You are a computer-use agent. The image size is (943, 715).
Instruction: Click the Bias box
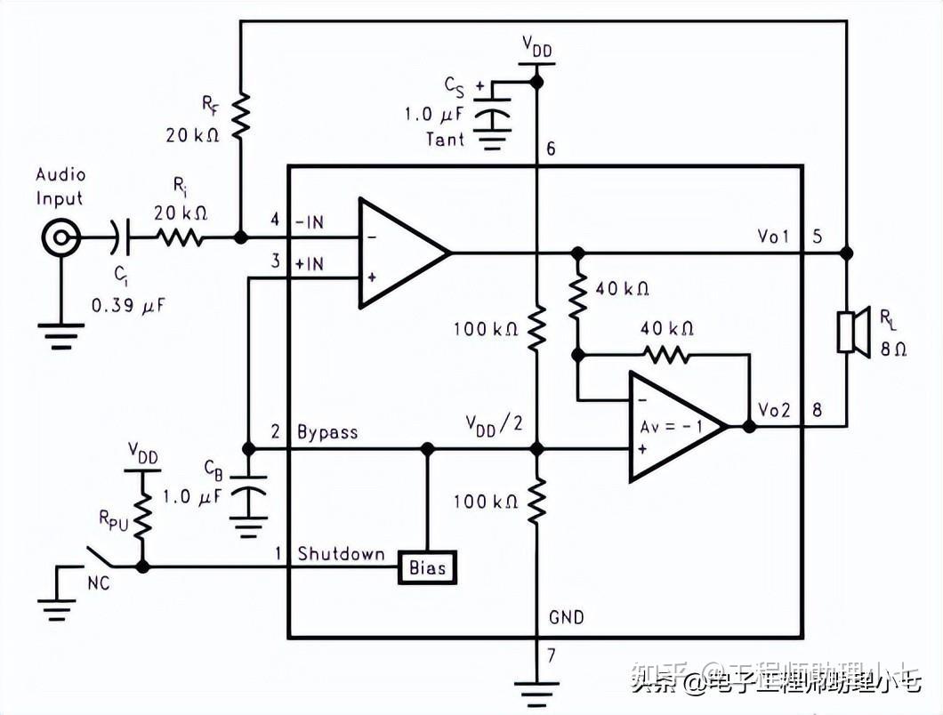tap(427, 566)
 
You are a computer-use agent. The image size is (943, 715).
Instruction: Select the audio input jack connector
tap(61, 237)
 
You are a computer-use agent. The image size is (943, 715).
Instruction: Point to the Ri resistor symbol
tap(181, 237)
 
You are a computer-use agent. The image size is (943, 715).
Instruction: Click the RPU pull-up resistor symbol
tap(142, 516)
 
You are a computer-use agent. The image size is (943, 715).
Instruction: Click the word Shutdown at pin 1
tap(341, 554)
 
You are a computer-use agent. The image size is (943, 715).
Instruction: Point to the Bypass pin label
tap(327, 432)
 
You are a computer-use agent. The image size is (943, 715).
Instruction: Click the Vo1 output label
tap(774, 237)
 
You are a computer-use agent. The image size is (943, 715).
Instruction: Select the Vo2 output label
tap(774, 410)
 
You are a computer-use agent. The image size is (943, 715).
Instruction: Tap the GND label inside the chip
tap(567, 616)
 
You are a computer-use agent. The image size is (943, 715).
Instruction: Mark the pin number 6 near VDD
tap(551, 149)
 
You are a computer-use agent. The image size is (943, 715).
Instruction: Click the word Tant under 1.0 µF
tap(445, 139)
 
